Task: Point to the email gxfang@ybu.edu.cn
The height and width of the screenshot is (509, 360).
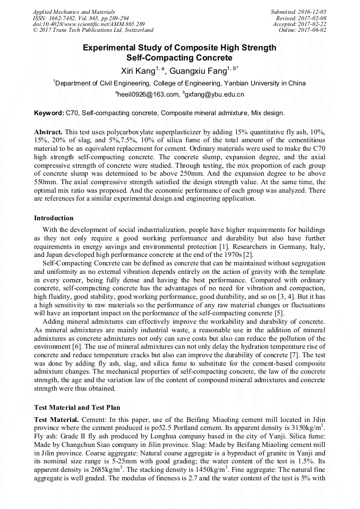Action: coord(214,94)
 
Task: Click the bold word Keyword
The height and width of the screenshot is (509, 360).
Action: coord(48,113)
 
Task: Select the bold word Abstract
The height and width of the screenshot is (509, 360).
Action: coord(48,131)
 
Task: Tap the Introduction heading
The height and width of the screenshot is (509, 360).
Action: coord(54,218)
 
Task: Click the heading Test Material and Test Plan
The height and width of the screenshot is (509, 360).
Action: coord(77,408)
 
